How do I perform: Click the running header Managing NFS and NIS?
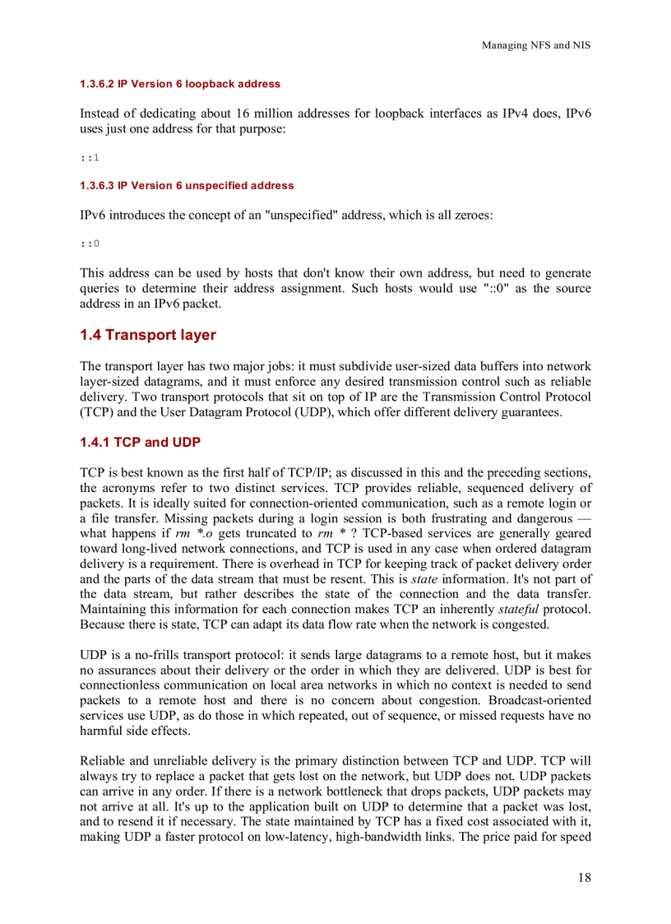click(535, 45)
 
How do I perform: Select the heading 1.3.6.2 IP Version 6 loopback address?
click(180, 84)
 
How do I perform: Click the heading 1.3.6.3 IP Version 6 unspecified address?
click(187, 186)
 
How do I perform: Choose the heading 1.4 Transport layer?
click(148, 335)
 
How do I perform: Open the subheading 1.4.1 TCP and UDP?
click(140, 443)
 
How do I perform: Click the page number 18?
click(583, 877)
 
